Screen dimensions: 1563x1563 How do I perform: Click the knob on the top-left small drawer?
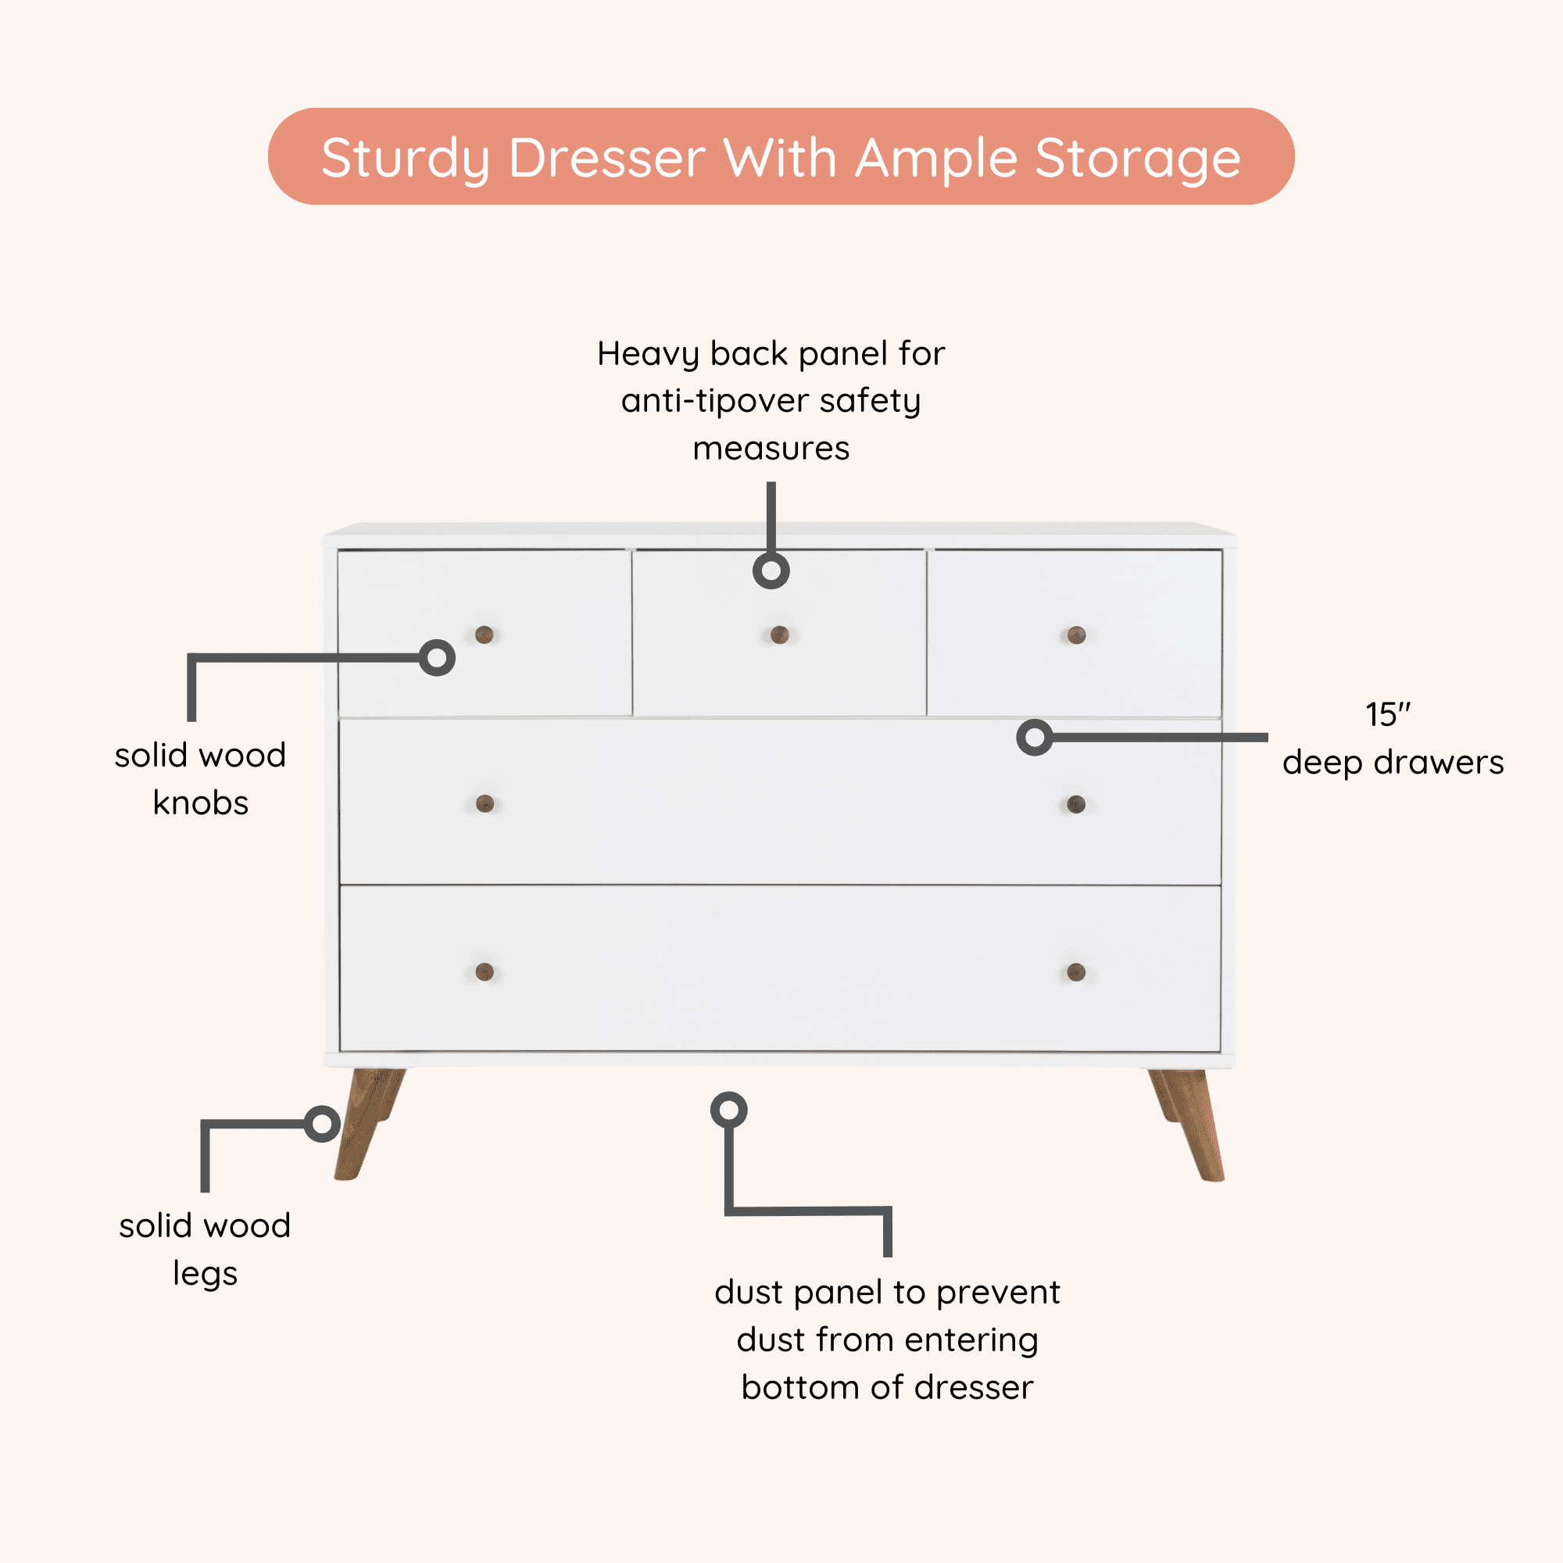[484, 635]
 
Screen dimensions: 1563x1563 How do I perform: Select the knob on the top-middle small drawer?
[779, 635]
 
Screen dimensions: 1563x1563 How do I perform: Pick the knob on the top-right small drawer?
[1076, 635]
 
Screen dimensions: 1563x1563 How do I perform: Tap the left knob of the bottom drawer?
[485, 971]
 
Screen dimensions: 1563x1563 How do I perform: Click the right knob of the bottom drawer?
[1076, 971]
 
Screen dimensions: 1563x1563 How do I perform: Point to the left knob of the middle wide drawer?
[485, 803]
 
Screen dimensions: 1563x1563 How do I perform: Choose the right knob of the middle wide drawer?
[1076, 803]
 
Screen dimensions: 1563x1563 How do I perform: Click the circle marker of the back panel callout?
[771, 571]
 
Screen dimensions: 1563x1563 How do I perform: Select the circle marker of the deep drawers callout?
[1034, 737]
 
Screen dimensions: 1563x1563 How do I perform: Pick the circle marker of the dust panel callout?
[729, 1110]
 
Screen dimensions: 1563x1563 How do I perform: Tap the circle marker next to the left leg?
[322, 1124]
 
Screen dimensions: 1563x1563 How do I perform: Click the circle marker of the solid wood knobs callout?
[437, 658]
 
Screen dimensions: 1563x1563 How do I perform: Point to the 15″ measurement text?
[1387, 714]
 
